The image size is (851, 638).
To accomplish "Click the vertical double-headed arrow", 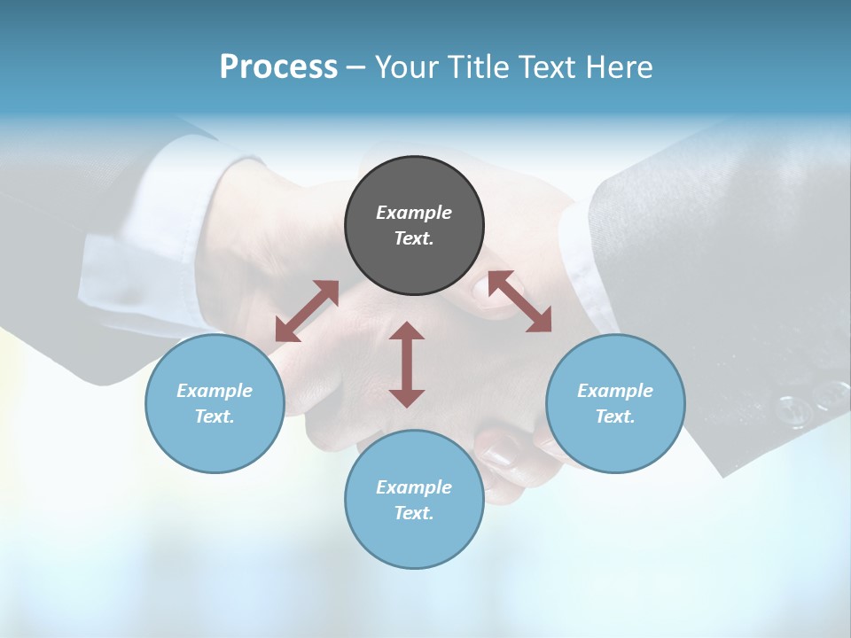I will pos(407,364).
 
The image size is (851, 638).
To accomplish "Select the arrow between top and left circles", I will pos(307,311).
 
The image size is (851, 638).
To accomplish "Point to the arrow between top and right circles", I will pos(519,301).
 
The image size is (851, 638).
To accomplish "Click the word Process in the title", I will pos(278,66).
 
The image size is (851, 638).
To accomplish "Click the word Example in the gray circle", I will pos(414,213).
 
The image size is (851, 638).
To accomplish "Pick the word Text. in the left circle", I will pos(215,416).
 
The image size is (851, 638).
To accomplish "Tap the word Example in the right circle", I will pos(615,391).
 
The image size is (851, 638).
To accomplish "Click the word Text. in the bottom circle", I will pos(414,513).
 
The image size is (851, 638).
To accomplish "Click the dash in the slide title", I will pos(355,67).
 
